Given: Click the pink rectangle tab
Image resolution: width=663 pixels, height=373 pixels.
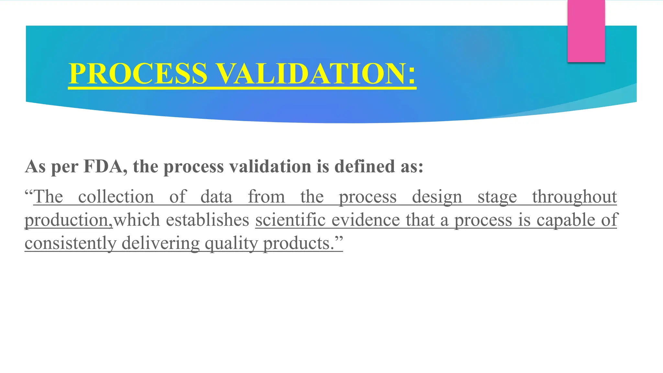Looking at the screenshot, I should point(586,31).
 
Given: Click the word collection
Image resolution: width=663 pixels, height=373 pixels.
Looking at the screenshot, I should point(116,197).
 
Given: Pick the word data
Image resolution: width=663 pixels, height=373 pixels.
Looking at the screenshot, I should point(216,197).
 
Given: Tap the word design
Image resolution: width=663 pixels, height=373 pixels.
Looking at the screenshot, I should point(437,197).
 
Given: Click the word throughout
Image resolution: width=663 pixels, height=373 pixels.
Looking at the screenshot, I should point(575,197).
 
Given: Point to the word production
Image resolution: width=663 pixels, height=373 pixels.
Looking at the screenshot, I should point(66,220).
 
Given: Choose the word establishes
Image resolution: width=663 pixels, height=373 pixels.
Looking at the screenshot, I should point(208,220).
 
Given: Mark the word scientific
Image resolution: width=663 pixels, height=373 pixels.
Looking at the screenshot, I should point(290,220).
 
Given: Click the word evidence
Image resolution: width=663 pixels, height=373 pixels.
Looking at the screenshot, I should point(365,220).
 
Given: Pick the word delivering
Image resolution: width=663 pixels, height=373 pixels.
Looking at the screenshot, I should point(161,243).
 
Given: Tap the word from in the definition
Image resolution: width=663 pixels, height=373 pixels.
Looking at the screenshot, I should point(266,197).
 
